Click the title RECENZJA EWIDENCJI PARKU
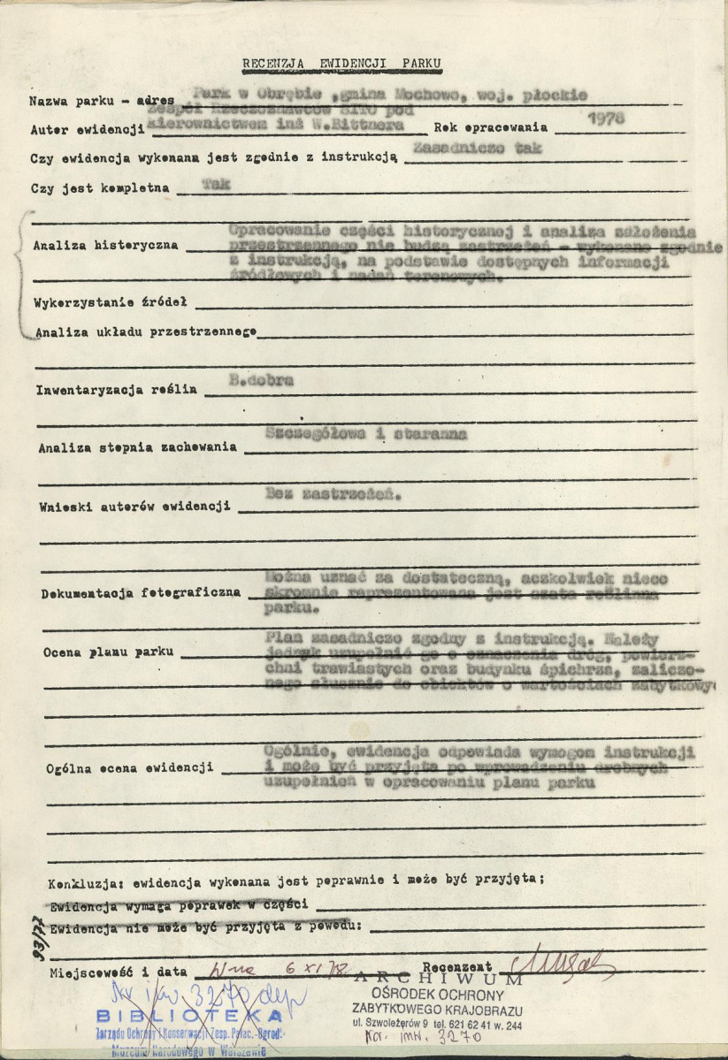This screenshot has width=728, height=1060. click(x=341, y=64)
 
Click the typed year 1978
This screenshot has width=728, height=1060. click(x=610, y=118)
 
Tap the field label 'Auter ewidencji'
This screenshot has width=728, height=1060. click(x=87, y=130)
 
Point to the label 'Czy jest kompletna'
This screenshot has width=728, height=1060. click(x=100, y=188)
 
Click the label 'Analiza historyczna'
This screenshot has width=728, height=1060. click(x=105, y=245)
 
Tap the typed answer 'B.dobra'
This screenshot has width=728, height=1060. click(x=261, y=381)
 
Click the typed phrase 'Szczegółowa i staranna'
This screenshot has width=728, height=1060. click(x=365, y=434)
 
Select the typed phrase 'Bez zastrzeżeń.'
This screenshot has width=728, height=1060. click(x=332, y=496)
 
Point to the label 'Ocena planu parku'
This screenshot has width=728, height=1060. click(x=100, y=652)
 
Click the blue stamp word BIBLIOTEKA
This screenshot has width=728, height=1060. click(x=190, y=1015)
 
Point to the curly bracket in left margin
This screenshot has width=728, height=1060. click(x=21, y=274)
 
